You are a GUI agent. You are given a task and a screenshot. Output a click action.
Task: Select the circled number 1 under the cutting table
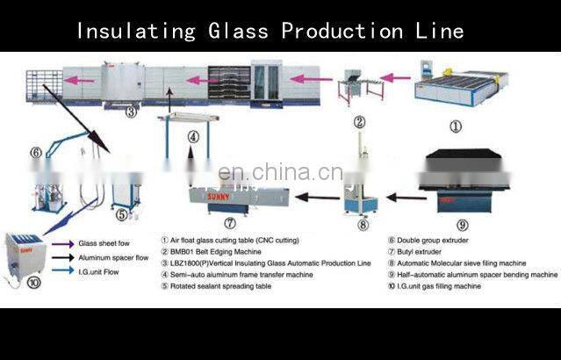pos(456,126)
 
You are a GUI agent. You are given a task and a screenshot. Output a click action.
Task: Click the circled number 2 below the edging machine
pos(358,124)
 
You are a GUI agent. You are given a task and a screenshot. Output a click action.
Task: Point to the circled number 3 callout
pos(130,112)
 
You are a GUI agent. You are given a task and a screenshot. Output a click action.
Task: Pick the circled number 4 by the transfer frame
pos(192,138)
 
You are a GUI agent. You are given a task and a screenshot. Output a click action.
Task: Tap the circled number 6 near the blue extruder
pos(35,152)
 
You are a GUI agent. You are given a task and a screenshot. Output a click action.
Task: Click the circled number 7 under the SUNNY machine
pos(230,222)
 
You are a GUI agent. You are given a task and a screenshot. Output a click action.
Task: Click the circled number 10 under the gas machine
pos(32,282)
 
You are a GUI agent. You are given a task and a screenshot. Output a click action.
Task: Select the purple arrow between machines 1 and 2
pos(396,78)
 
